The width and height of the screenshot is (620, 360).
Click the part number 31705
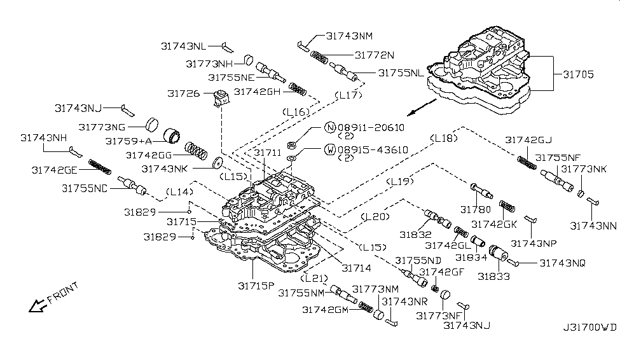[578, 74]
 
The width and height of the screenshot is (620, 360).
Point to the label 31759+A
[129, 141]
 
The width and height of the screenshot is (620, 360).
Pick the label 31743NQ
[563, 262]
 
